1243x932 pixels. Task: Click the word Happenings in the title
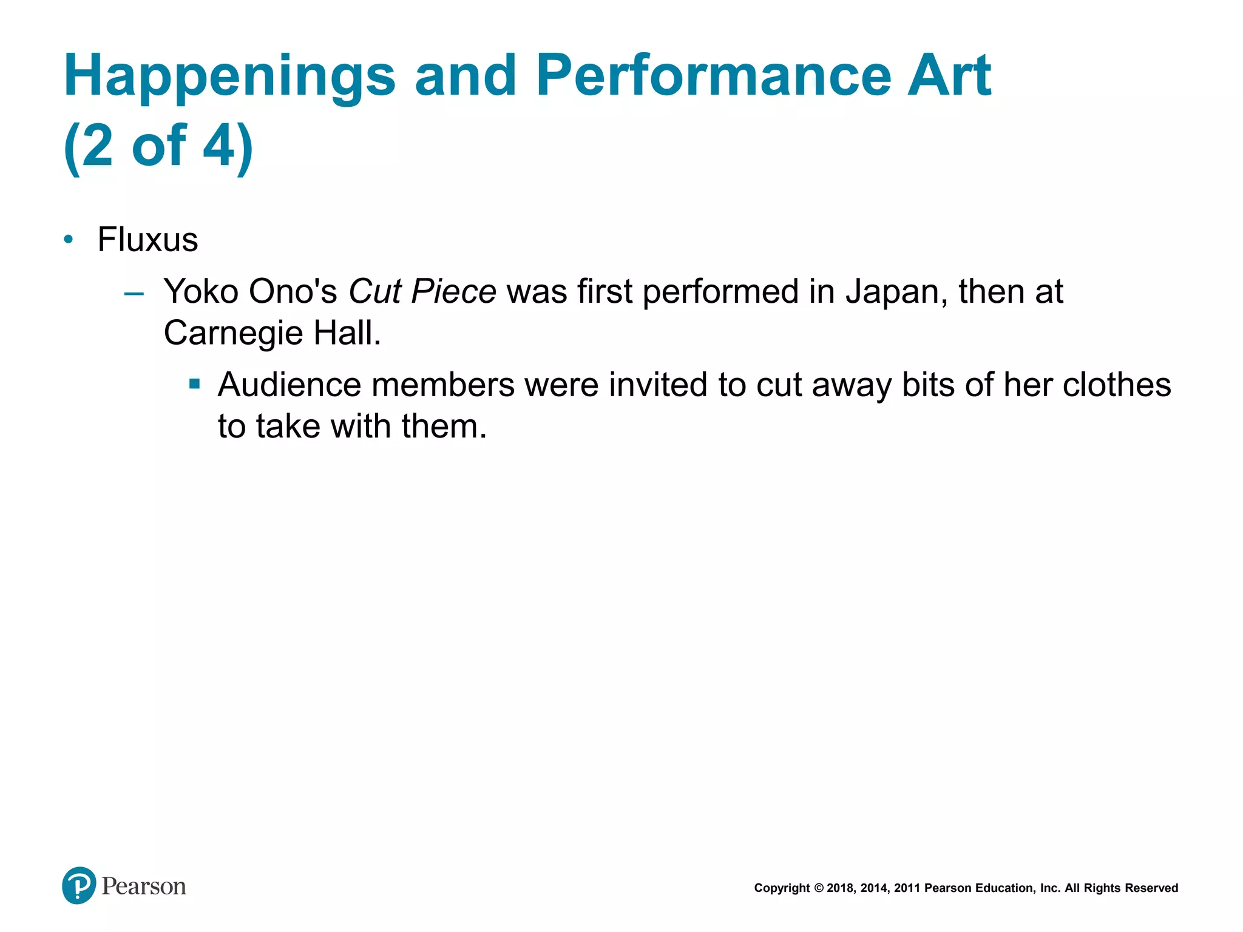[229, 76]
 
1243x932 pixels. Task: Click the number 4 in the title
[218, 146]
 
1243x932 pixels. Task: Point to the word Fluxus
[147, 240]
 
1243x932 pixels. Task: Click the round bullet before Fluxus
[69, 240]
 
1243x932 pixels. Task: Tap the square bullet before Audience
[194, 383]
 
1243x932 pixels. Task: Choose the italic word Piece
[453, 291]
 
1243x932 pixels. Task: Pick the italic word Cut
[374, 291]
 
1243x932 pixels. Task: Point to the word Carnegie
[233, 333]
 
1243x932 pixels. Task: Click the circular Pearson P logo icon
[79, 886]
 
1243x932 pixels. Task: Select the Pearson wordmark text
[144, 886]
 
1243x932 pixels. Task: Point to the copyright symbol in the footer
[818, 888]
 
